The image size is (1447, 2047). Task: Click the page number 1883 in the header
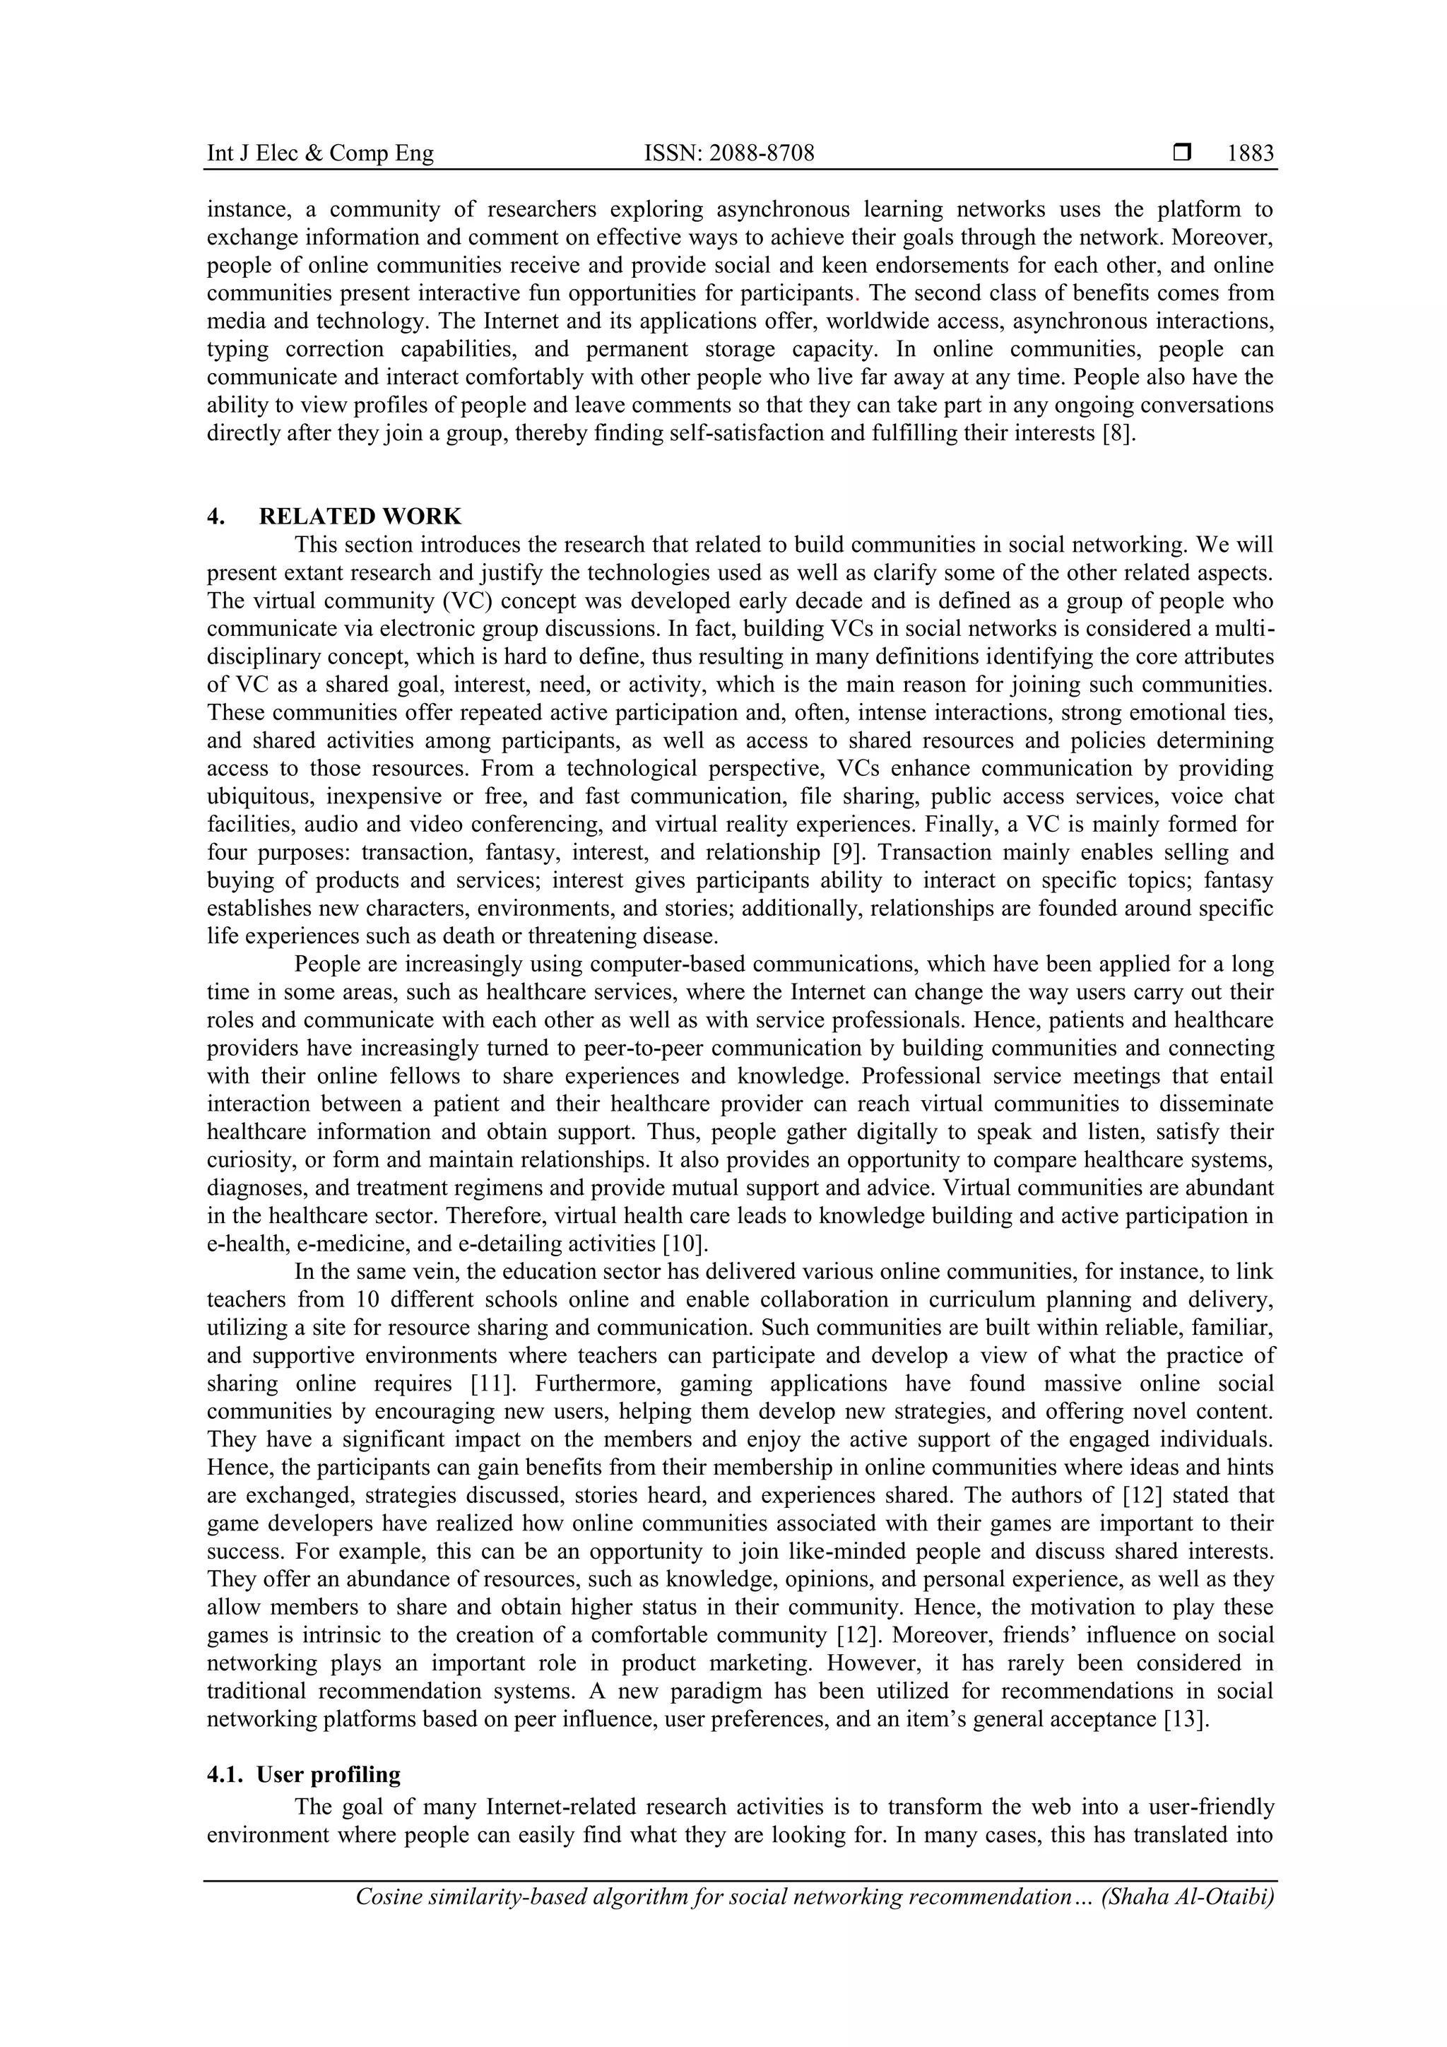(x=1250, y=153)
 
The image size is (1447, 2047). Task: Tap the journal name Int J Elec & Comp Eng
(x=320, y=153)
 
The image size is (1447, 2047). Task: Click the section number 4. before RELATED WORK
(x=215, y=517)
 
